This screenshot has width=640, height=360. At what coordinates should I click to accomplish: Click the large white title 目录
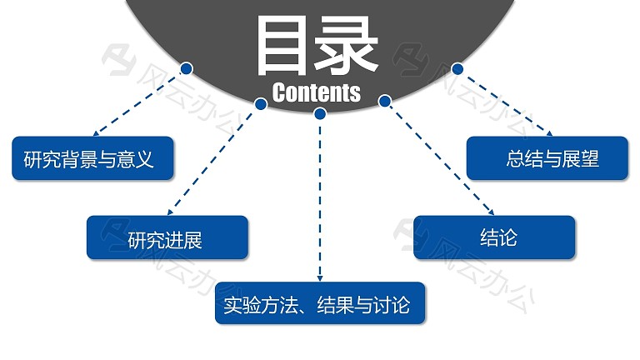317,46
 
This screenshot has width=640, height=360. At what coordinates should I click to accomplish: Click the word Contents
317,92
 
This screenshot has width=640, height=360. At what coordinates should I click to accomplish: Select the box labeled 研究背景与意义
92,158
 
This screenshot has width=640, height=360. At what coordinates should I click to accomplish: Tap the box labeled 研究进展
167,237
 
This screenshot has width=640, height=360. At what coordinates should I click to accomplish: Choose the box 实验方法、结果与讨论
320,303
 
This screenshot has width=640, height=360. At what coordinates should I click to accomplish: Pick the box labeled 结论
494,237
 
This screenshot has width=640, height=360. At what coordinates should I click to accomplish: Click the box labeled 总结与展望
547,158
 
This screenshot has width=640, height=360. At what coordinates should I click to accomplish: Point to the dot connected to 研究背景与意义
187,68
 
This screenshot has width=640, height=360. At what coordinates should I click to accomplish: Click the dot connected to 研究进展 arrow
261,104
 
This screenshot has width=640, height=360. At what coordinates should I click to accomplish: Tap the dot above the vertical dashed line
320,113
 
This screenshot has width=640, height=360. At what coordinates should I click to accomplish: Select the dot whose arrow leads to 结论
384,101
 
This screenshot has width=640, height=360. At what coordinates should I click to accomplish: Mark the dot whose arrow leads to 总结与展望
457,68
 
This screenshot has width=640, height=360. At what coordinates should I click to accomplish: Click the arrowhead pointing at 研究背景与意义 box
96,133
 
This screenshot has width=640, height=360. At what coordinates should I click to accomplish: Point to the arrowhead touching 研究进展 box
170,212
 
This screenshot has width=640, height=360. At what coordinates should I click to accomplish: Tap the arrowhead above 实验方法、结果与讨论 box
320,278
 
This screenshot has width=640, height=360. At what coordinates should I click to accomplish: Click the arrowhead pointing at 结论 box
492,212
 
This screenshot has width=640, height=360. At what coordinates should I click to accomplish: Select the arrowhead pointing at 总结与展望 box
550,133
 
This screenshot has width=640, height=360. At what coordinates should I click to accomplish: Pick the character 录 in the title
346,46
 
